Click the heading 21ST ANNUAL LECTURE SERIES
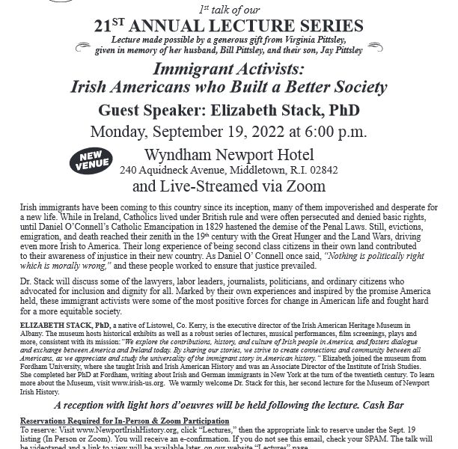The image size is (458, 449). click(x=228, y=26)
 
